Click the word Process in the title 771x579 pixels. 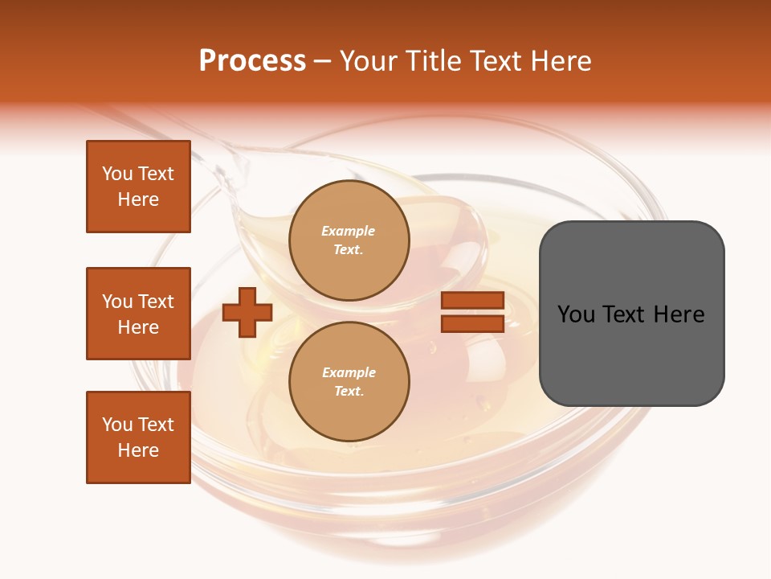[252, 61]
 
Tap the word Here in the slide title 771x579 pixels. [560, 61]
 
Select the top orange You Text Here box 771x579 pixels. [138, 187]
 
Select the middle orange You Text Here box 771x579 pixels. [138, 314]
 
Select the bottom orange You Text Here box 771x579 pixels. [138, 437]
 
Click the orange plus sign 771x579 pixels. [247, 313]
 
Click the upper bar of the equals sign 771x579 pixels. [472, 301]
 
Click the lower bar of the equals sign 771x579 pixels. [472, 324]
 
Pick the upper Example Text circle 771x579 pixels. [349, 240]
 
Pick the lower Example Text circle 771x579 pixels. [349, 382]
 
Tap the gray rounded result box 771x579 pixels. [631, 314]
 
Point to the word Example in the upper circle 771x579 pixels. [349, 232]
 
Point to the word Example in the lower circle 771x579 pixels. [349, 373]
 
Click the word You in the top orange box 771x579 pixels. [116, 174]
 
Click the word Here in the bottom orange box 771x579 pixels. [138, 450]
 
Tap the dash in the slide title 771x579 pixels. [323, 61]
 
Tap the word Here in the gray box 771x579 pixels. [679, 314]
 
